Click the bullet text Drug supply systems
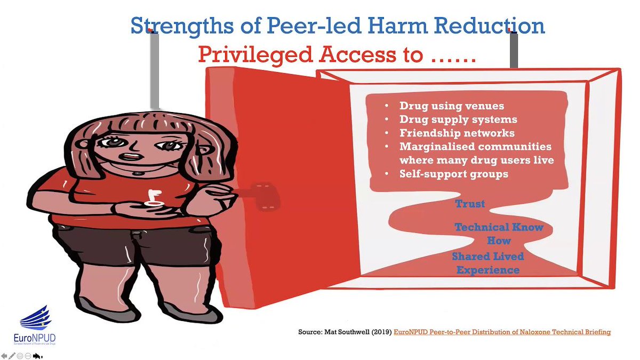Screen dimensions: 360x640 pos(458,119)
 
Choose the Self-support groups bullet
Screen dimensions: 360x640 pos(453,174)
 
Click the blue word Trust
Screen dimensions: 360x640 pos(470,204)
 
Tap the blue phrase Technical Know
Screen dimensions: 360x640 pos(499,227)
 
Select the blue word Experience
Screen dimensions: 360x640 pos(487,270)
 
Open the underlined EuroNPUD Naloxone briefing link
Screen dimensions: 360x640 pos(502,332)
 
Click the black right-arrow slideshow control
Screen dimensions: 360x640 pos(37,355)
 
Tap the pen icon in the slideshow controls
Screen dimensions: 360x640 pos(12,355)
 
